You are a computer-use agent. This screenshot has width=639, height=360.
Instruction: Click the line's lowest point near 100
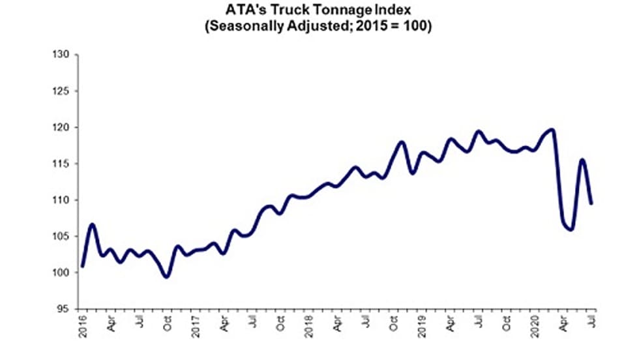tap(167, 277)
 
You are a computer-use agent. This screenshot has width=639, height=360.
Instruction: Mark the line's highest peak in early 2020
tap(552, 130)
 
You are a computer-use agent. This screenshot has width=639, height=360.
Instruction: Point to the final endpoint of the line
tap(591, 203)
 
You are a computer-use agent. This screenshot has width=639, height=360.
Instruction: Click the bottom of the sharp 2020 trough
tap(571, 229)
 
